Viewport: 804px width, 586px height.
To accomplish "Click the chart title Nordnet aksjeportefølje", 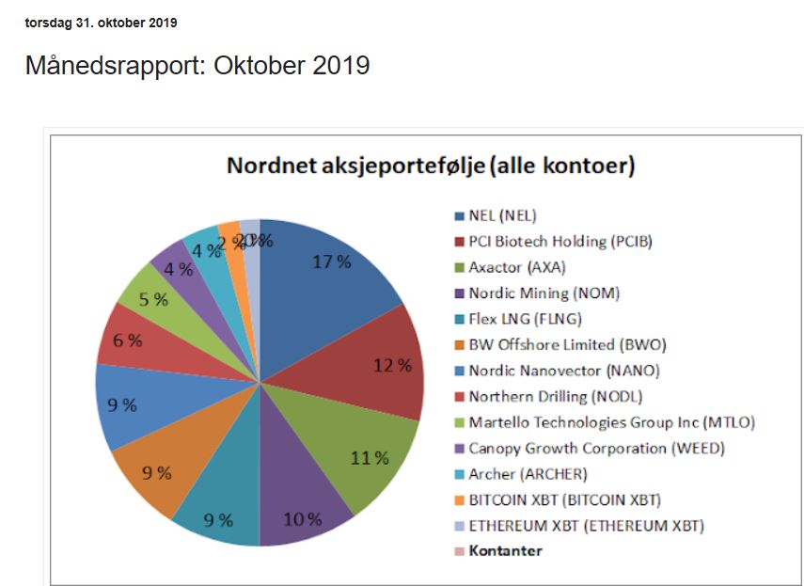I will [431, 166].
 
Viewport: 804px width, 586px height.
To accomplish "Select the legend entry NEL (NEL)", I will [501, 215].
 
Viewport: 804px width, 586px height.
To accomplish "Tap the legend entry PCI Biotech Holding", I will [560, 242].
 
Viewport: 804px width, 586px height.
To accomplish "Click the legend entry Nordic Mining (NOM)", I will [544, 293].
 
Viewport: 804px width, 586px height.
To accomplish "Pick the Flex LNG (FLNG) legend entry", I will [525, 319].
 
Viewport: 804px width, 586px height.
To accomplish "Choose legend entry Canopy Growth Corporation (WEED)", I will [596, 448].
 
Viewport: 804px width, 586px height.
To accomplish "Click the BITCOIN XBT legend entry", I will [571, 499].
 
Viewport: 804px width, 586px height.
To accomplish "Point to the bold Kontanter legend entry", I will [505, 551].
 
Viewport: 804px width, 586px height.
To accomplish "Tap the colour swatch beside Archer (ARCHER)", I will [460, 474].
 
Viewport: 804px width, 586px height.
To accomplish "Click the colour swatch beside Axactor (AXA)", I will [460, 267].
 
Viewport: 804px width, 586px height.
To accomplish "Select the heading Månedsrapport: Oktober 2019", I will [197, 66].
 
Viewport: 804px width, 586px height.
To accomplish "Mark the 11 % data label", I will [370, 458].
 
